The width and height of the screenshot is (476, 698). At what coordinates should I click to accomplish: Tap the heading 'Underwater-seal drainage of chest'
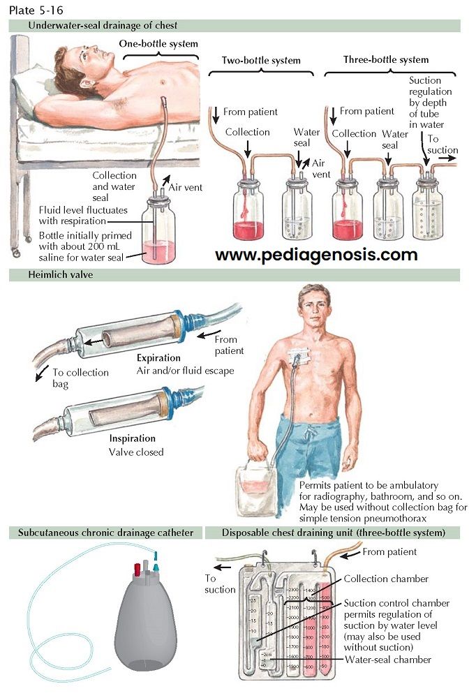(103, 26)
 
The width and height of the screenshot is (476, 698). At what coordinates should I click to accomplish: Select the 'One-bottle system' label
(158, 43)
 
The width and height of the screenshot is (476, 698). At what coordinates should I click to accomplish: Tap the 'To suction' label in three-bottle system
(442, 144)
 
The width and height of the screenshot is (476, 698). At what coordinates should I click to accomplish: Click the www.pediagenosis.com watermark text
(315, 254)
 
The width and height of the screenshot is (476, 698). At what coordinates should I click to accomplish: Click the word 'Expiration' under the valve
(158, 358)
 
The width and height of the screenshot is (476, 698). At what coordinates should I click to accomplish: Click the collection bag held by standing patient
(256, 489)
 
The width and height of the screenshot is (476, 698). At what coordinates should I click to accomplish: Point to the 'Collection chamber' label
(385, 579)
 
